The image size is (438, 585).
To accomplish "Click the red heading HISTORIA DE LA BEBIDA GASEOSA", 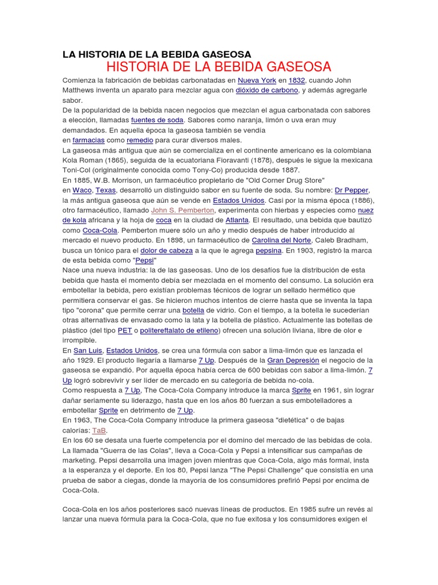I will pyautogui.click(x=218, y=67).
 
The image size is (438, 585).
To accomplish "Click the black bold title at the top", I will pyautogui.click(x=156, y=54).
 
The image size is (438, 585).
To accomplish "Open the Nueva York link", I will pyautogui.click(x=257, y=80).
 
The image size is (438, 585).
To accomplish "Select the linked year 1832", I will pyautogui.click(x=297, y=80).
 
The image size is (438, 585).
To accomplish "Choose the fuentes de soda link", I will pyautogui.click(x=157, y=120).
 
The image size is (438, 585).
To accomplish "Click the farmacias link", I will pyautogui.click(x=88, y=140).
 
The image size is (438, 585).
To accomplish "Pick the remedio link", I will pyautogui.click(x=139, y=140).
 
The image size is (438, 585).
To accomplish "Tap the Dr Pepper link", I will pyautogui.click(x=352, y=190).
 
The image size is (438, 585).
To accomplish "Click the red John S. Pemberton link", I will pyautogui.click(x=183, y=210).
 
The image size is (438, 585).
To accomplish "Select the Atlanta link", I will pyautogui.click(x=237, y=220).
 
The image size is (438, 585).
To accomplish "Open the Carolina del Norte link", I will pyautogui.click(x=285, y=240).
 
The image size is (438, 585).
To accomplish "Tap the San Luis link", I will pyautogui.click(x=88, y=350).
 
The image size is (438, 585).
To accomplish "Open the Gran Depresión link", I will pyautogui.click(x=293, y=360).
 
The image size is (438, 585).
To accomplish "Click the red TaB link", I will pyautogui.click(x=99, y=430).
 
